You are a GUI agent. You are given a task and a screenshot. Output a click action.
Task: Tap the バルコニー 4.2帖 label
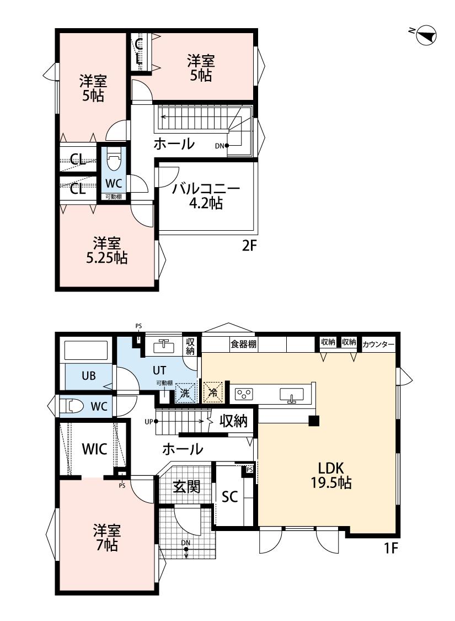206,195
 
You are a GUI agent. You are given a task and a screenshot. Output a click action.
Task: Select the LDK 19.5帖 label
331,476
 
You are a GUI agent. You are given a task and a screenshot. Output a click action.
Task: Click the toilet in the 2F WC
114,161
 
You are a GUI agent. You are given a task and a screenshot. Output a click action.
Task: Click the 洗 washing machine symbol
185,393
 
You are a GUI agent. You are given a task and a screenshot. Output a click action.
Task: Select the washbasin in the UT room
163,346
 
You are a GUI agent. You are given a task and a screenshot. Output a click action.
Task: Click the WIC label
94,449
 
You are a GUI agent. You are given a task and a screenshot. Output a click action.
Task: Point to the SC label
229,496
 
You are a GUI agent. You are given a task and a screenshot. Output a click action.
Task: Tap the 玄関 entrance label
186,486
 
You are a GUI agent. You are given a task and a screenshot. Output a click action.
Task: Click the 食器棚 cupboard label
243,344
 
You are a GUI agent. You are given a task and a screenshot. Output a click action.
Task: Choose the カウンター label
378,344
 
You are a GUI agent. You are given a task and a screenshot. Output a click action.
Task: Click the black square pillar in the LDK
314,421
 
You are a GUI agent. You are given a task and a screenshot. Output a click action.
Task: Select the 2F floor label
250,246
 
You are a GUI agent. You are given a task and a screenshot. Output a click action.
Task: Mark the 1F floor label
390,548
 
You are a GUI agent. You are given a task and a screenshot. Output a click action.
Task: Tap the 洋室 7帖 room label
106,538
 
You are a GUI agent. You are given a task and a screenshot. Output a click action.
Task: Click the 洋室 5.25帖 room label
107,250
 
